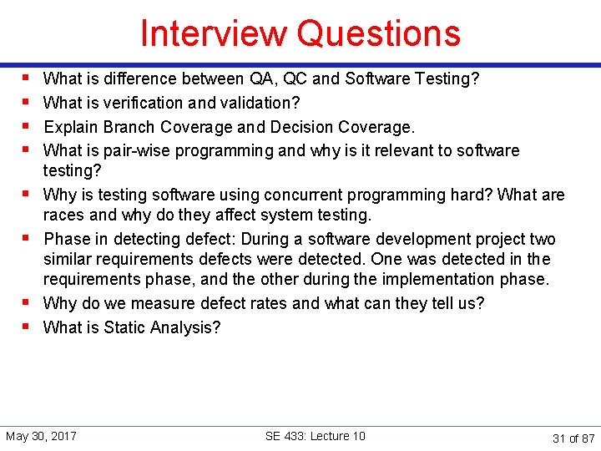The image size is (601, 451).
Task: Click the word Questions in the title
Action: tap(380, 33)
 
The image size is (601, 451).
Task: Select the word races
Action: tap(64, 215)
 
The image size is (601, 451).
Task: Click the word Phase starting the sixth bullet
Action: tap(67, 240)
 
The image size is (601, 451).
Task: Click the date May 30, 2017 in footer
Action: tap(41, 436)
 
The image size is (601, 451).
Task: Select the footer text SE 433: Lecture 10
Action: tap(315, 436)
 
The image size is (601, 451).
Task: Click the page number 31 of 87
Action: tap(573, 438)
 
